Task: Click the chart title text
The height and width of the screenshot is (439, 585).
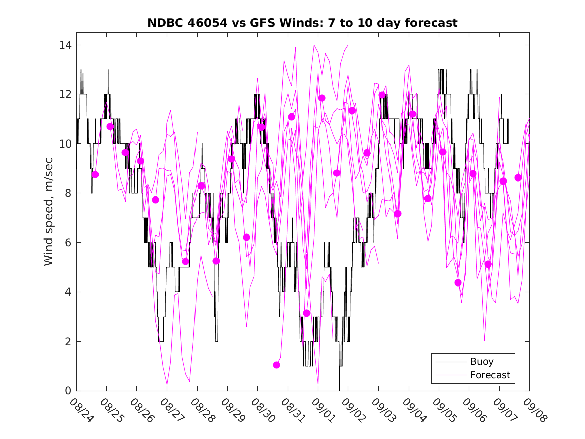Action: pos(302,23)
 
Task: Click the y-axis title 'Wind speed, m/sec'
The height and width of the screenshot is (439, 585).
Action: pos(48,218)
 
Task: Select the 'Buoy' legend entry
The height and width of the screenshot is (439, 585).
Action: pos(481,361)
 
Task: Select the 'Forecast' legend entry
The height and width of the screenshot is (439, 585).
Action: pos(490,375)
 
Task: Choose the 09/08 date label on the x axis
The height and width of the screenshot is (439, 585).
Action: pos(536,410)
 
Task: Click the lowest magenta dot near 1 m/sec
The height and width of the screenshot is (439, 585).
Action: pos(276,365)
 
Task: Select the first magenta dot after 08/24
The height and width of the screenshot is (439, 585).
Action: pos(95,174)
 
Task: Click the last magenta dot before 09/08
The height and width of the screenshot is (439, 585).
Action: pos(518,177)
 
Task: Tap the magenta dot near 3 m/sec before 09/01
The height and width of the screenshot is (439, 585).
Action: pos(307,313)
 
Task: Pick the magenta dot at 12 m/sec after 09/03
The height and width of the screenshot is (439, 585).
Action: pos(382,95)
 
